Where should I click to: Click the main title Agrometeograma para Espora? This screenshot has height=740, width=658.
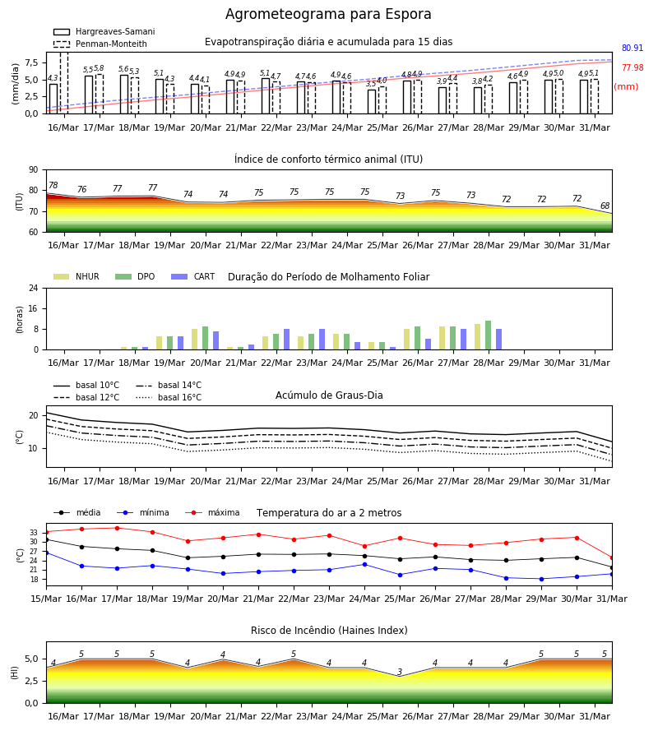[x=328, y=14]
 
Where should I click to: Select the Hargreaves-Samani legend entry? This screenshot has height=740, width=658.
[x=104, y=31]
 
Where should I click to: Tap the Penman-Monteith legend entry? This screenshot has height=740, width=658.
[x=100, y=44]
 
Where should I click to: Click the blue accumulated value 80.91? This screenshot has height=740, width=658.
[x=632, y=49]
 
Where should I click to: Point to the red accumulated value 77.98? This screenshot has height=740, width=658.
[x=632, y=68]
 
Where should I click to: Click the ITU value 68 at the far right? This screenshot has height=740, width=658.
[x=605, y=206]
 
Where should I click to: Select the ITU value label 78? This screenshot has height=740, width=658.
[x=53, y=185]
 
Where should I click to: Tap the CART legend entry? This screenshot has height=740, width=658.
[x=193, y=276]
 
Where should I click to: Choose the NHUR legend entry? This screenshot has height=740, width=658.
[x=76, y=276]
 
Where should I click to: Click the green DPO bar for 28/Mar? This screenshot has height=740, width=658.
[x=488, y=335]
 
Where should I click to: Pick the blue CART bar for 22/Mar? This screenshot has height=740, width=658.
[x=286, y=340]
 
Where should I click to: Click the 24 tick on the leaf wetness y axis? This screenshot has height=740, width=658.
[x=34, y=289]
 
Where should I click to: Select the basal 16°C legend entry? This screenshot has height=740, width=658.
[x=168, y=398]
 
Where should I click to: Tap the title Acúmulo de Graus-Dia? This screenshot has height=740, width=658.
[x=329, y=395]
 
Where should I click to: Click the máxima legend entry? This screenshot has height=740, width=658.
[x=213, y=512]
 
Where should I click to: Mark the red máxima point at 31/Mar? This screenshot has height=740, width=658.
[x=612, y=557]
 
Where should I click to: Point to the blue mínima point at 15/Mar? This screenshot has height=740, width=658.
[x=46, y=553]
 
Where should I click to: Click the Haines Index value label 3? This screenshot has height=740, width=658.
[x=400, y=672]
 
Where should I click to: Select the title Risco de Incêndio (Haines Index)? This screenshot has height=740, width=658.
[x=329, y=631]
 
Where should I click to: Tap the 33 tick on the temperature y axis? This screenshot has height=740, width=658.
[x=34, y=533]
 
